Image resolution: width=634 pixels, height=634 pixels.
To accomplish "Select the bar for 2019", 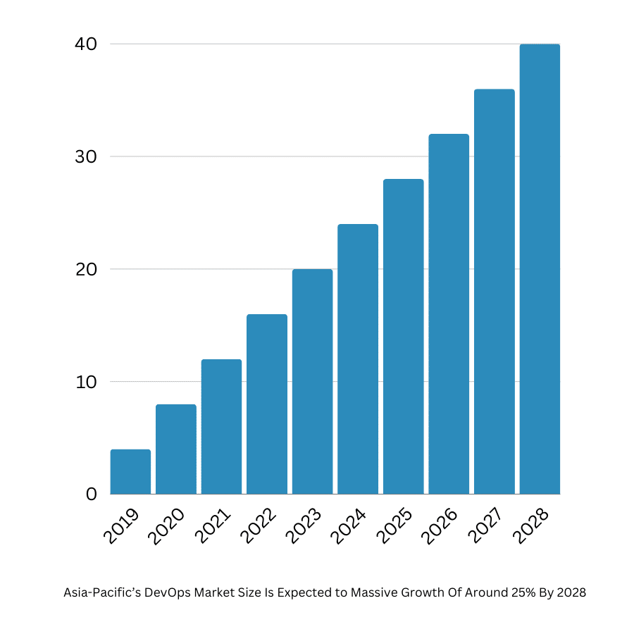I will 130,472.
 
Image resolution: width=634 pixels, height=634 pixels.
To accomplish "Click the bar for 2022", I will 267,404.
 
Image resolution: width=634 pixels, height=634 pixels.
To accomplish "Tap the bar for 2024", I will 358,359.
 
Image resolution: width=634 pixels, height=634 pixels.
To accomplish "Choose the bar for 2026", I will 449,314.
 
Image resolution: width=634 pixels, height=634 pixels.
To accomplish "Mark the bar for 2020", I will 176,449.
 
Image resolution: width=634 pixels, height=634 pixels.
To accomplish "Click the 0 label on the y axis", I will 91,495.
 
